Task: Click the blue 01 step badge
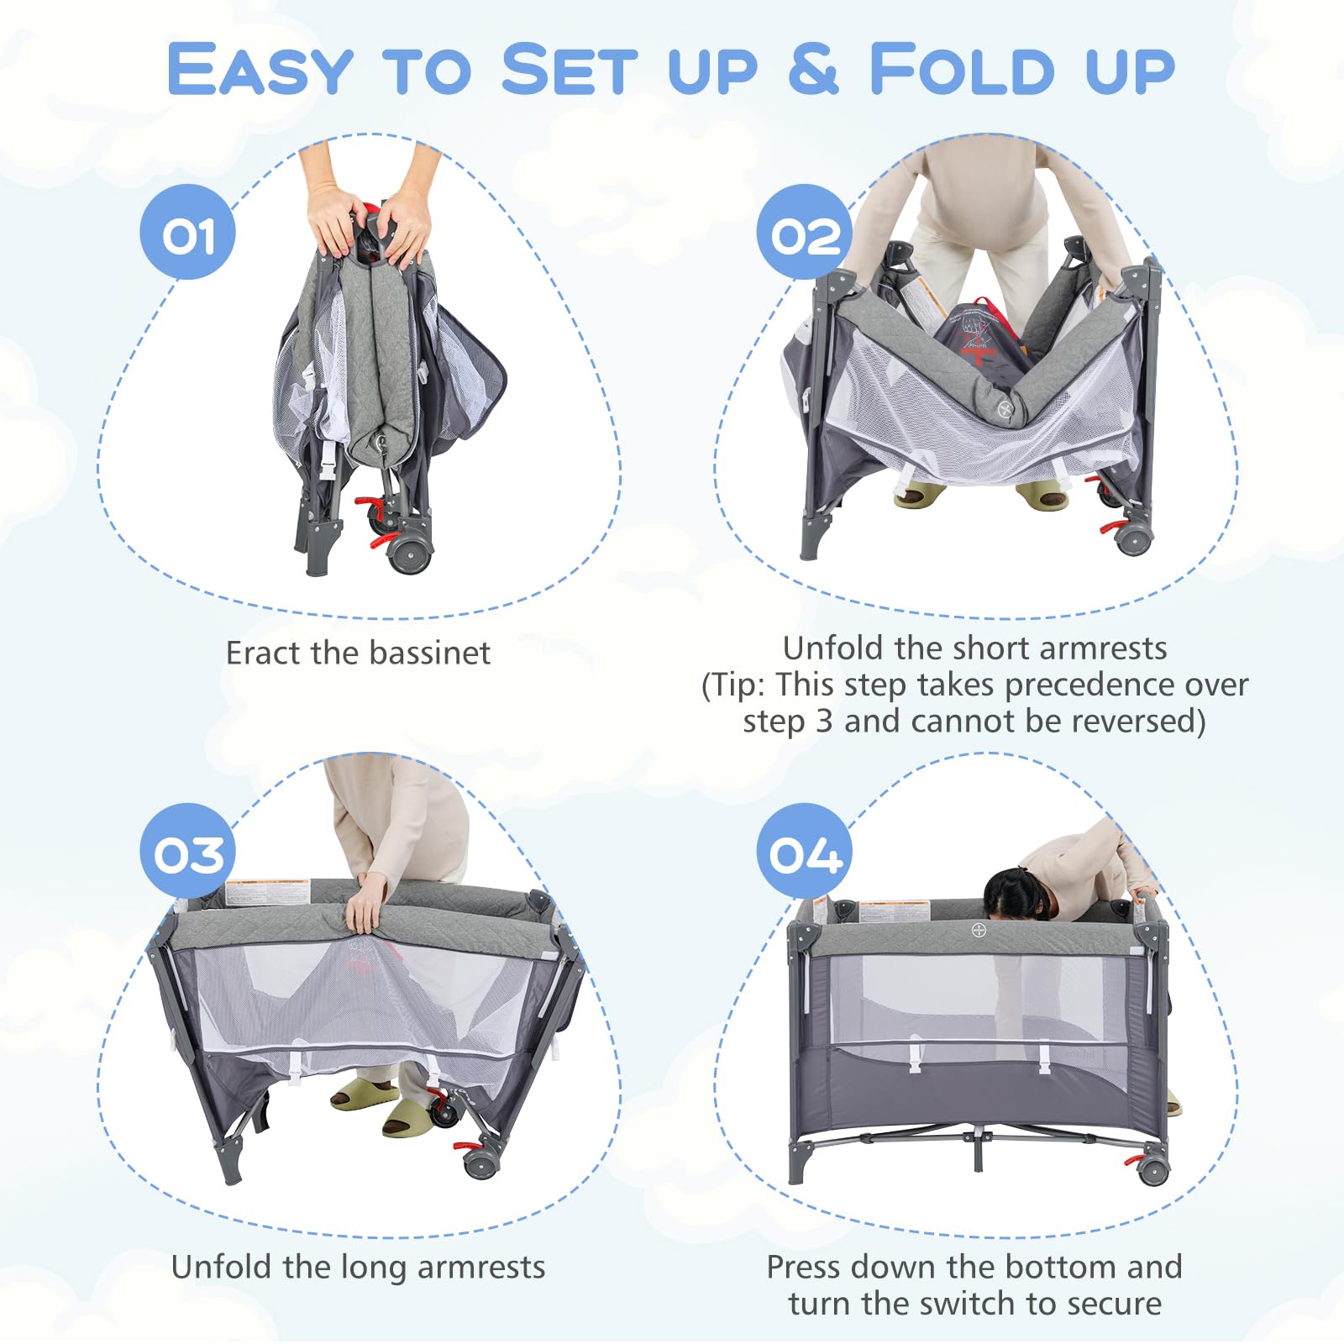[x=187, y=232]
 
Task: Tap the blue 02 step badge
[x=805, y=232]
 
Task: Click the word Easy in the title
[x=260, y=69]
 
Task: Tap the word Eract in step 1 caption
[x=264, y=653]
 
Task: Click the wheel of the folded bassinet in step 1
[x=410, y=555]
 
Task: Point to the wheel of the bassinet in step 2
[x=1134, y=539]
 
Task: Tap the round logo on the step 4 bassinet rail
[x=979, y=931]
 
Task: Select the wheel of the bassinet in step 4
[x=1152, y=1170]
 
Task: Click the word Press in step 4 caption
[x=807, y=1267]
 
